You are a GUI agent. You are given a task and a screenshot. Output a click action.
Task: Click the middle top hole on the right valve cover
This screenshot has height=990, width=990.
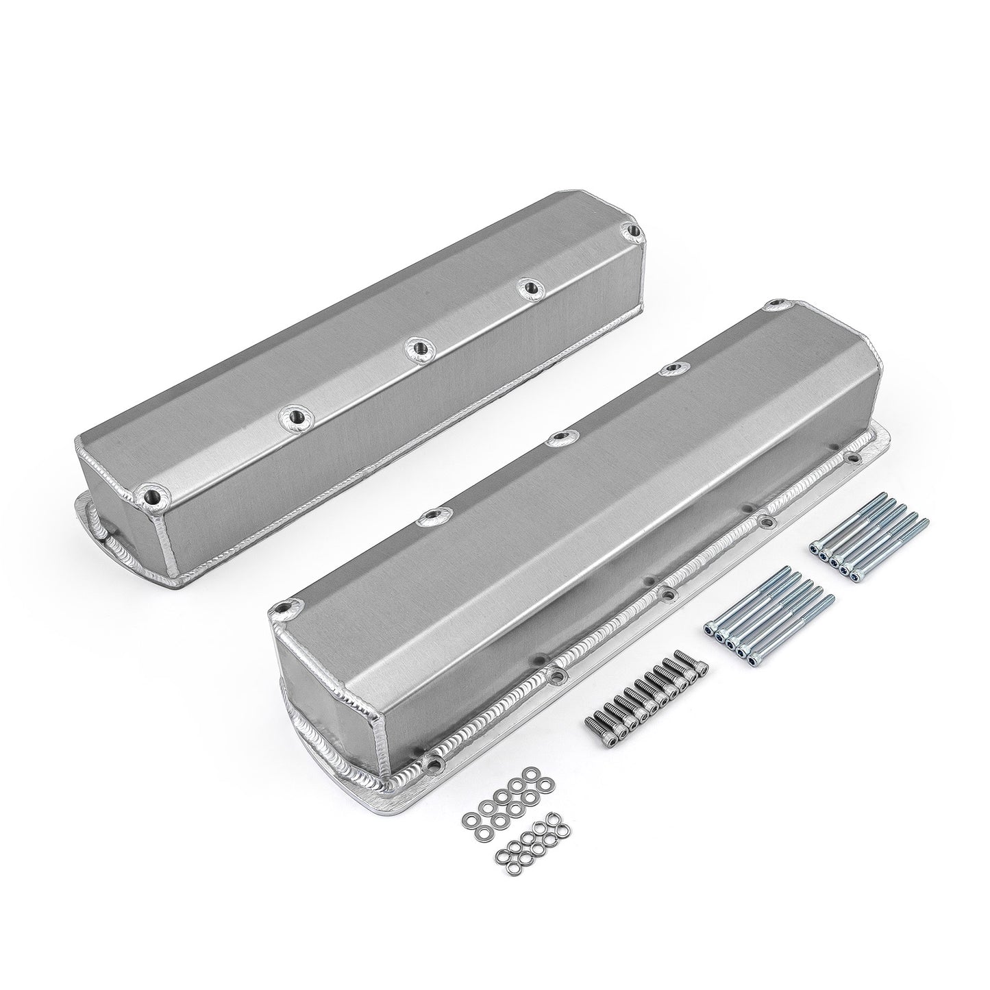tap(559, 436)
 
